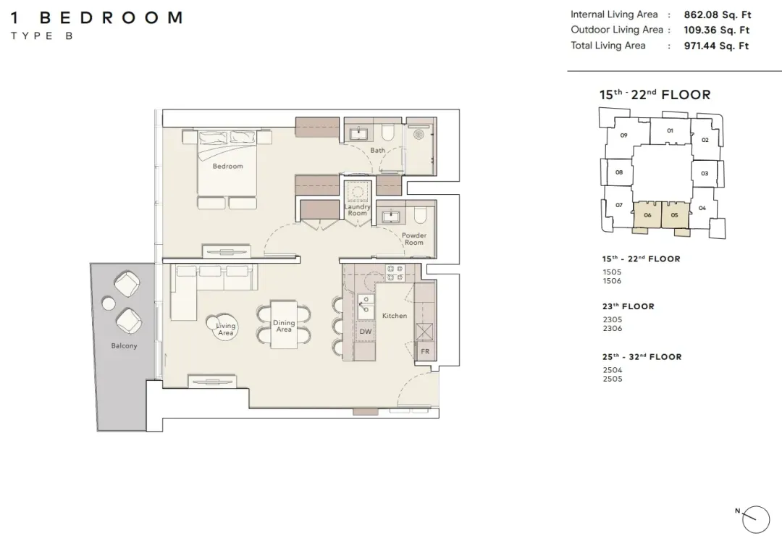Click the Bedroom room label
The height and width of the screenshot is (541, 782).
click(227, 166)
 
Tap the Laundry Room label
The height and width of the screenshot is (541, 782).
click(357, 210)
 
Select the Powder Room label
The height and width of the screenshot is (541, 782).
click(414, 239)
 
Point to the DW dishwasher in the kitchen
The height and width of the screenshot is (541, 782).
click(366, 332)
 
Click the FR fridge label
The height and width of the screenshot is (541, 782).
click(425, 351)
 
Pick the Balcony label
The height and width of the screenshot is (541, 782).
click(124, 345)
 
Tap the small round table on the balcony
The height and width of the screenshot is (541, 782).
click(108, 303)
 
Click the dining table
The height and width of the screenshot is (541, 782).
click(284, 324)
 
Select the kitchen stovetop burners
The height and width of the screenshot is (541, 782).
click(395, 273)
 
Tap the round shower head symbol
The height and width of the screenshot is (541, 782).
click(419, 135)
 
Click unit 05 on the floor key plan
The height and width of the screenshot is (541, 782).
click(674, 215)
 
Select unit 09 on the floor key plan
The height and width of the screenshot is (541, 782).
click(623, 135)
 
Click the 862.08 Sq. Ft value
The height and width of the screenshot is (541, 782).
click(717, 15)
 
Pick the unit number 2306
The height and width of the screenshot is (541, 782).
click(612, 328)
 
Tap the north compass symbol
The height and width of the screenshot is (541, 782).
click(755, 519)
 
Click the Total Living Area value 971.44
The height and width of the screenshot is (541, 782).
click(716, 46)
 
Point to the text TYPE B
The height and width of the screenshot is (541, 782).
click(42, 36)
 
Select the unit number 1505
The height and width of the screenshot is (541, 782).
click(612, 272)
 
